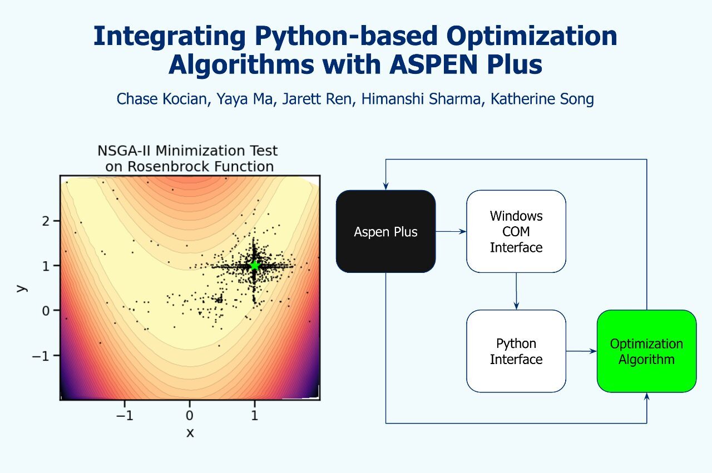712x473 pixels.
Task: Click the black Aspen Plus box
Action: [x=385, y=231]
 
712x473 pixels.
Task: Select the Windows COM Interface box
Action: [x=516, y=231]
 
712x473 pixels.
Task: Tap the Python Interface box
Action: [x=516, y=351]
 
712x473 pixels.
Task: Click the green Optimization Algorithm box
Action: [x=646, y=351]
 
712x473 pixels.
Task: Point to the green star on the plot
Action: [x=255, y=266]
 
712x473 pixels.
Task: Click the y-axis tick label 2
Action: [x=46, y=221]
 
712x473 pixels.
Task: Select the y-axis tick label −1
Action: [x=41, y=356]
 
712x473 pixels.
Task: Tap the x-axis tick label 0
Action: [x=190, y=415]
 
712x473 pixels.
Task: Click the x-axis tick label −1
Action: [x=125, y=415]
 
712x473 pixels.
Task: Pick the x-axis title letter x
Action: [x=190, y=432]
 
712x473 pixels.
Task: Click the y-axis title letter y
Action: [x=21, y=288]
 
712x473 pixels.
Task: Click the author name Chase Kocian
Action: [x=162, y=99]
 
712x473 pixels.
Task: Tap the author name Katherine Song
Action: [x=542, y=99]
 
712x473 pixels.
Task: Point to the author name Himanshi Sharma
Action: [x=421, y=99]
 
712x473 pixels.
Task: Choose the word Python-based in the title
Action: [x=346, y=37]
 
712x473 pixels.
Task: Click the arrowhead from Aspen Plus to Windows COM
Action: [x=463, y=232]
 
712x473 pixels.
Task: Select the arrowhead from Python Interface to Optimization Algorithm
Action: [x=593, y=351]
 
